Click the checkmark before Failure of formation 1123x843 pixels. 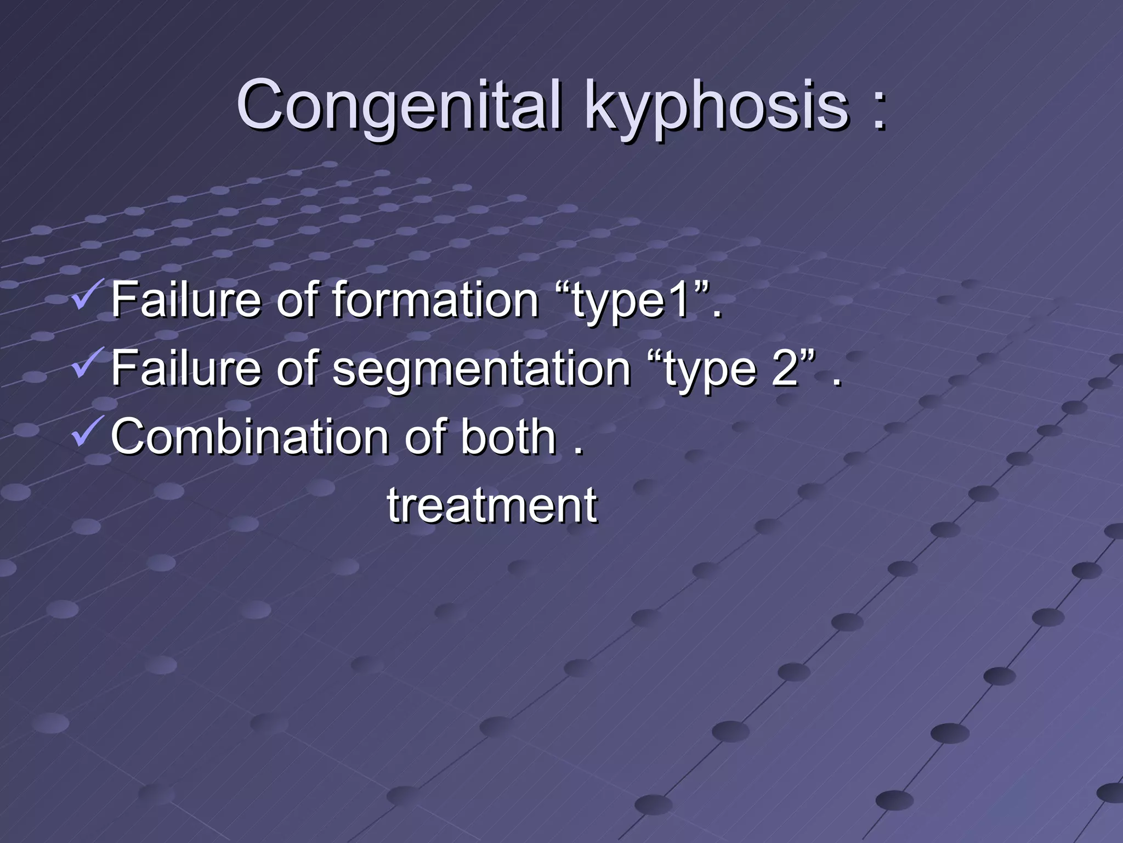pyautogui.click(x=86, y=297)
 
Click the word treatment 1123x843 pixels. pyautogui.click(x=492, y=505)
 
